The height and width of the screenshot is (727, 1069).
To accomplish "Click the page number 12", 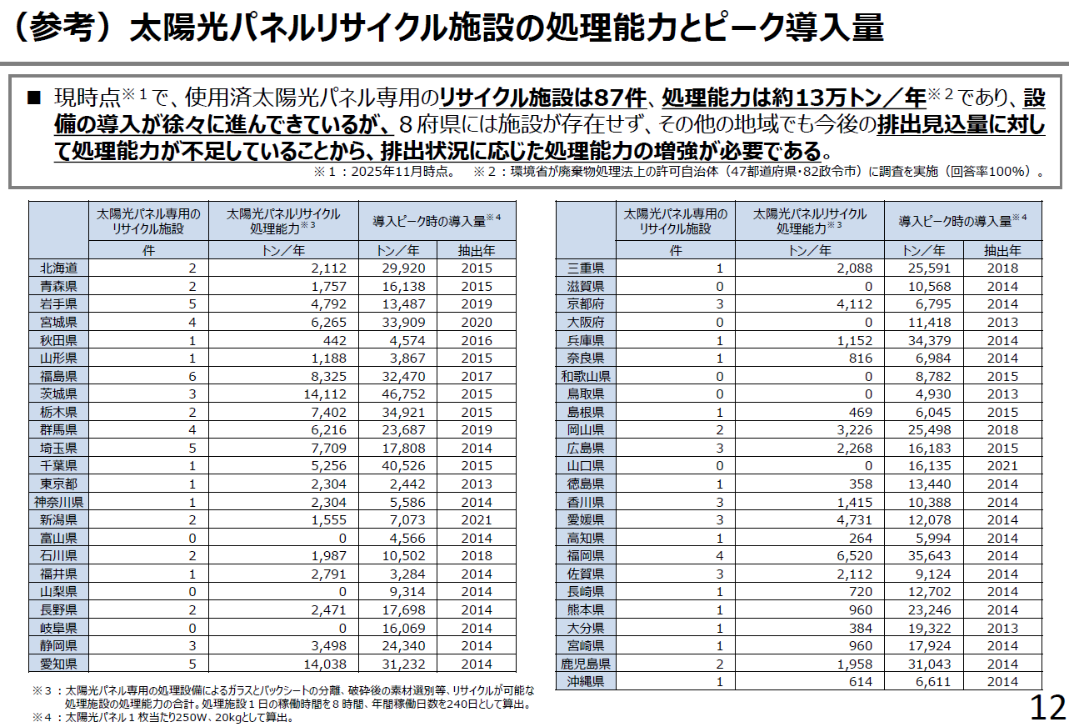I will pyautogui.click(x=1048, y=708).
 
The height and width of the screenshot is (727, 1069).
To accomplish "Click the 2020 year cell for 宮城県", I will pyautogui.click(x=476, y=323).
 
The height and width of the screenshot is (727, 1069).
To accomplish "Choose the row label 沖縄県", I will pyautogui.click(x=586, y=682).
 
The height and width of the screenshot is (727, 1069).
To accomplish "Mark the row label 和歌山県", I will pyautogui.click(x=586, y=376).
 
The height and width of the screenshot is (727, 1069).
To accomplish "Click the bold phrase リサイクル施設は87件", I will pyautogui.click(x=542, y=98).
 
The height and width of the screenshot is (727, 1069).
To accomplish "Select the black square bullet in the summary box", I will pyautogui.click(x=34, y=98).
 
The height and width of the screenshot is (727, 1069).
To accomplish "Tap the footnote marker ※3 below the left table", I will pyautogui.click(x=42, y=691).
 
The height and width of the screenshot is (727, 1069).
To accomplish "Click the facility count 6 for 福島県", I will pyautogui.click(x=193, y=376).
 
